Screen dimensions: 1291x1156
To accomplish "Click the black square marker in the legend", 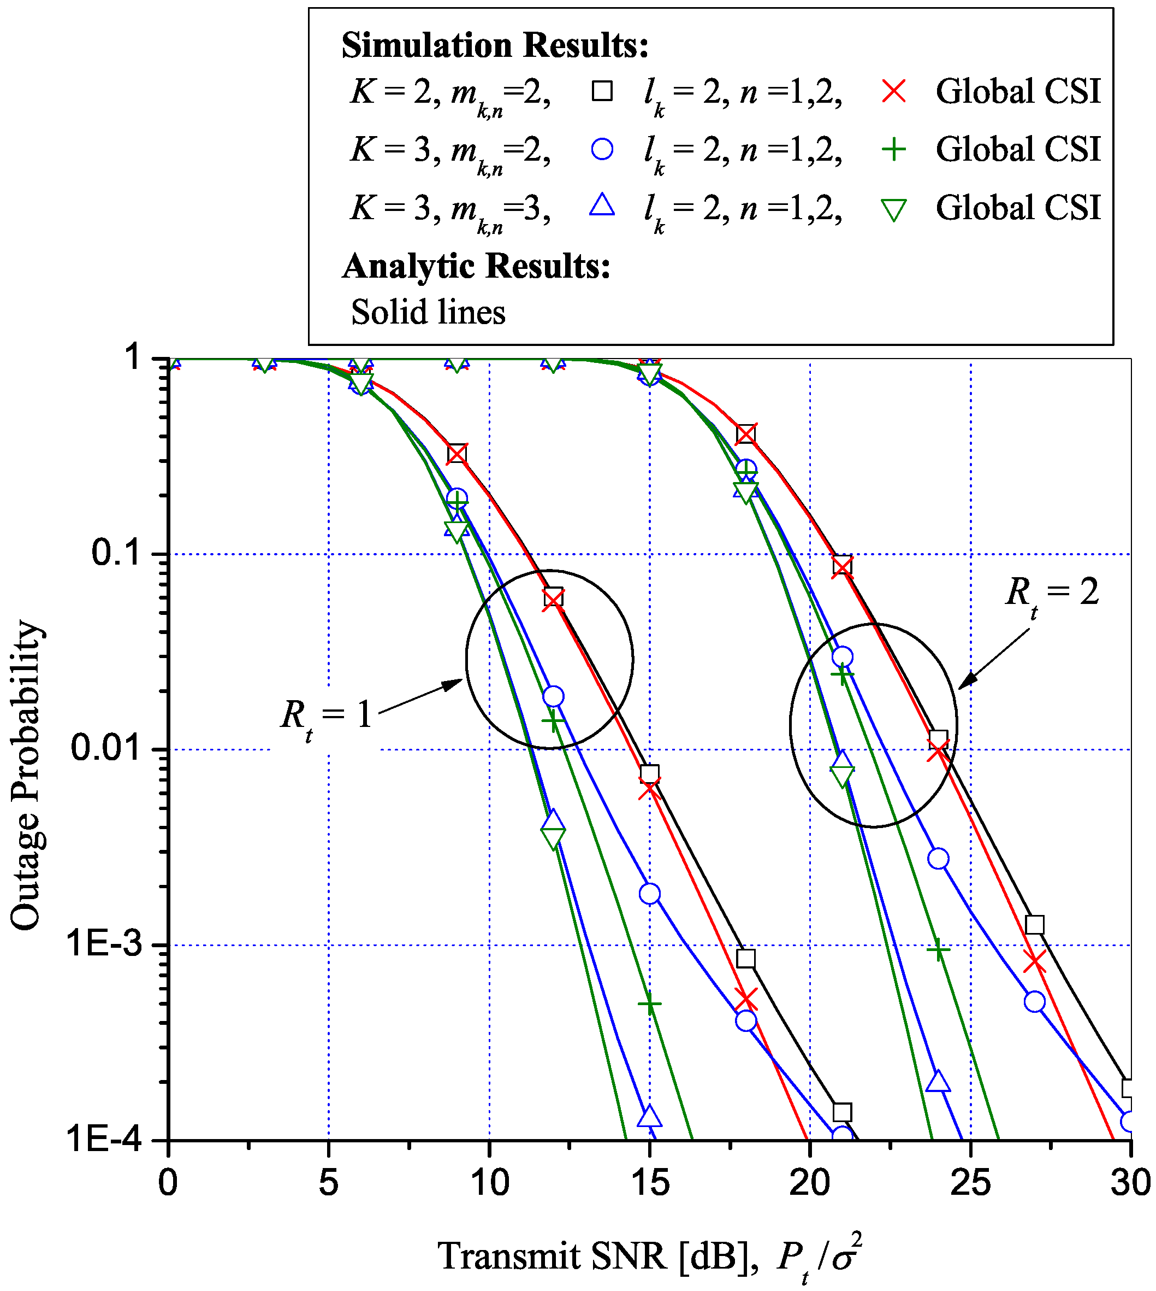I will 602,91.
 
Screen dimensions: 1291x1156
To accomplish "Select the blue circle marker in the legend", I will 602,149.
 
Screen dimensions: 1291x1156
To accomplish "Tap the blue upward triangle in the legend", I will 602,206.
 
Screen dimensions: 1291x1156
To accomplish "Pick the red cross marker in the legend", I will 894,91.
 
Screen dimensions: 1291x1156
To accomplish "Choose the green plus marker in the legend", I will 894,150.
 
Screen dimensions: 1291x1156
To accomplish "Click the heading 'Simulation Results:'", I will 495,46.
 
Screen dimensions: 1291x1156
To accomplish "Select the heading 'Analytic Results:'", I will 476,266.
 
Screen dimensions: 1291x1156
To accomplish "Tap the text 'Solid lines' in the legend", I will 428,312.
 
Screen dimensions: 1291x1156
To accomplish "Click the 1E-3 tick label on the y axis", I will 106,944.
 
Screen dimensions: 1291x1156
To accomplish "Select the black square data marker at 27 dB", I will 1035,925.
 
